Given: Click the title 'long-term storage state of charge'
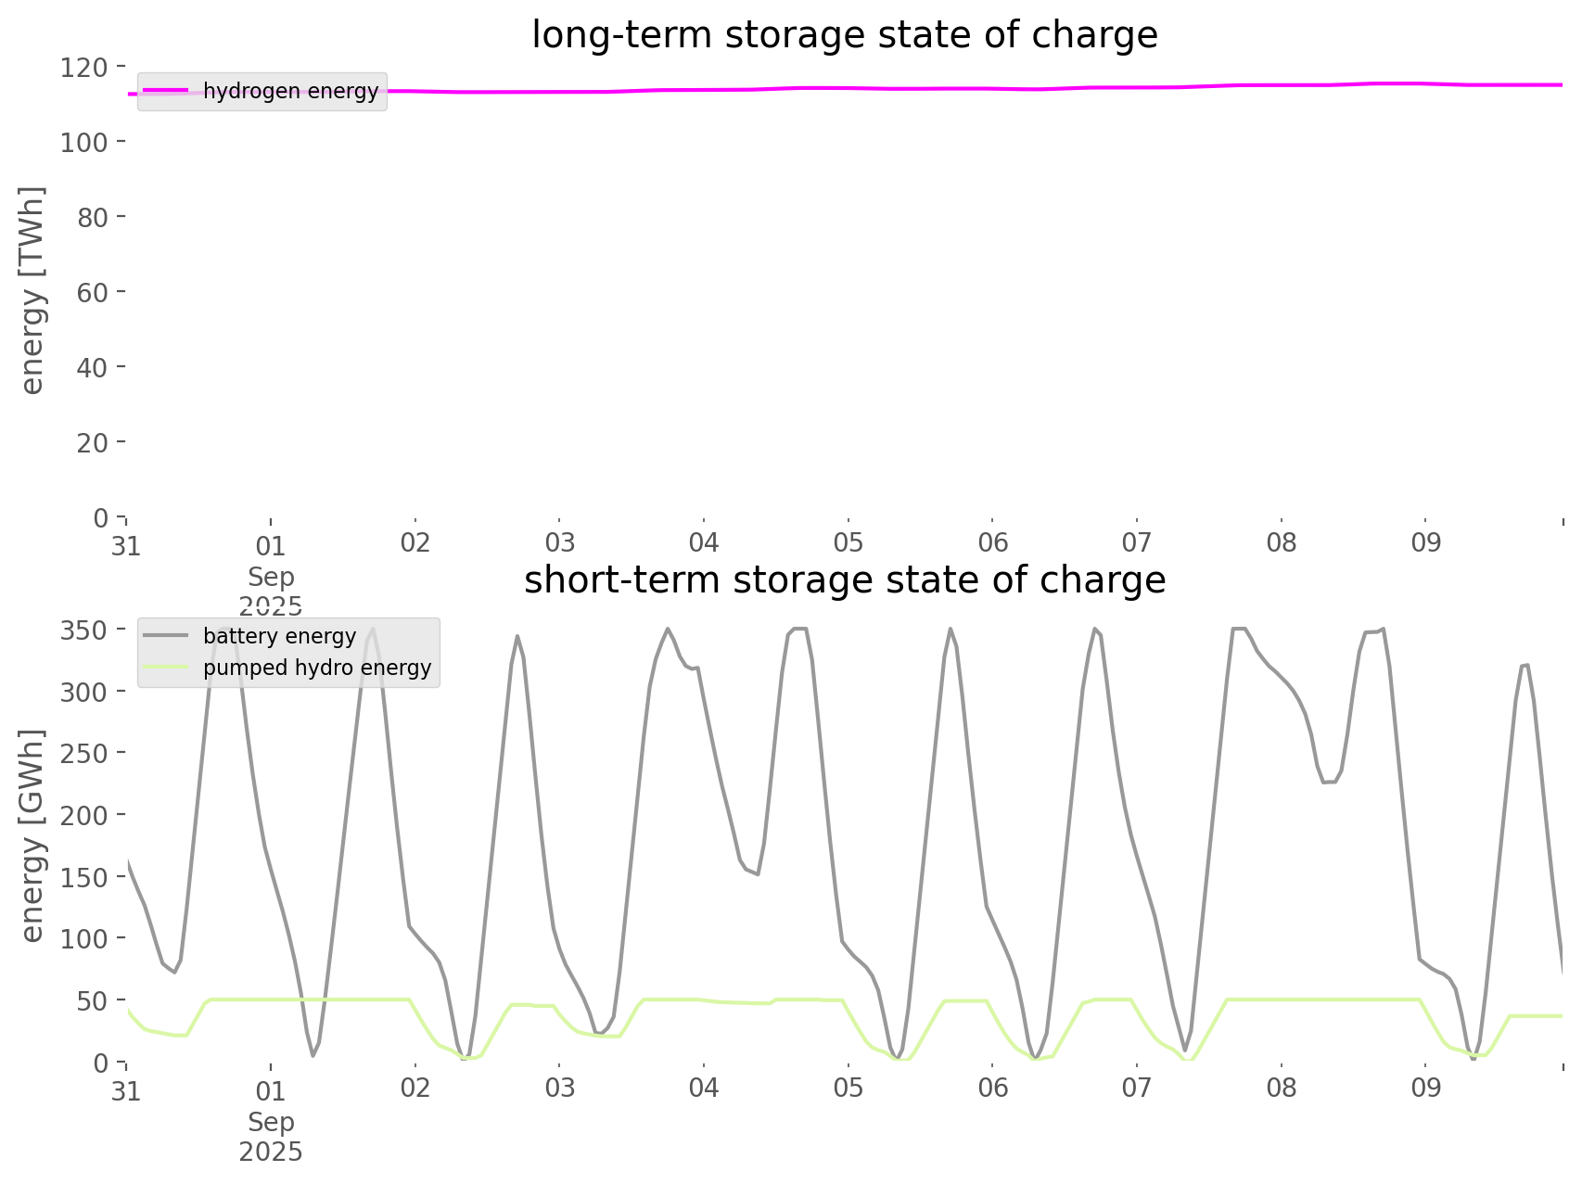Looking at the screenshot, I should [844, 35].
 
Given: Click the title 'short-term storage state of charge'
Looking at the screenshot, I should [844, 580].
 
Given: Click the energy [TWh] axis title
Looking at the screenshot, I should [32, 290].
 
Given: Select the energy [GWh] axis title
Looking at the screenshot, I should [32, 835].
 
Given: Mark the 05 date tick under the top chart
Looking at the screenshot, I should [848, 543].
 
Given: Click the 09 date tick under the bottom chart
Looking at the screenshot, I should [1425, 1089].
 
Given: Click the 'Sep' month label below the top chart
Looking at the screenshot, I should [271, 577].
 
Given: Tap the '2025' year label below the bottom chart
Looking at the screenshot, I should [271, 1152].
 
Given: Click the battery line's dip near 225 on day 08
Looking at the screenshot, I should [1330, 782].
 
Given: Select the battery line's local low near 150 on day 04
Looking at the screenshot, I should [758, 873].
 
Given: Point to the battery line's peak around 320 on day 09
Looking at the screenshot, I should [1525, 665].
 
